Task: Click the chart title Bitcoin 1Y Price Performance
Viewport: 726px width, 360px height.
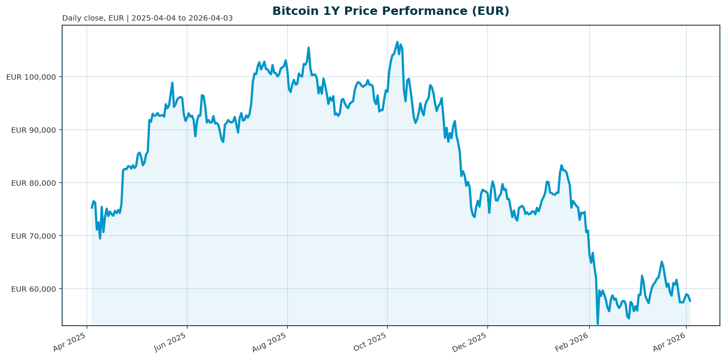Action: coord(391,11)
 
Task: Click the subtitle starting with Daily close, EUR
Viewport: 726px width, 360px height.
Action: coord(147,18)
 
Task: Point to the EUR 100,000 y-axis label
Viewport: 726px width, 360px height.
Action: coord(31,77)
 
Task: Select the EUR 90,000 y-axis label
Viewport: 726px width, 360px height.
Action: coord(34,130)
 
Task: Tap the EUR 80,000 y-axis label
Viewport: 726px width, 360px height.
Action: coord(34,183)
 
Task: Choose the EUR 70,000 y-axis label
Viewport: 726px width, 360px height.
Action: coord(34,236)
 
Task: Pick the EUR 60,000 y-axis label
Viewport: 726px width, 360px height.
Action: coord(34,289)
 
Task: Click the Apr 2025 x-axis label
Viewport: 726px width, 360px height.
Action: coord(70,342)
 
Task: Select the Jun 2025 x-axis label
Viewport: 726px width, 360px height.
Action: coord(170,342)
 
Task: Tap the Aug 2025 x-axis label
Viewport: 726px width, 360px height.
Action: coord(270,342)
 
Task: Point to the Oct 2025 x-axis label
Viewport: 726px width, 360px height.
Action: coord(371,342)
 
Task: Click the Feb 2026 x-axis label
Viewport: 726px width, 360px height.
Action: coord(573,342)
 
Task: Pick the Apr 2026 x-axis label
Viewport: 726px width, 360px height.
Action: coord(670,342)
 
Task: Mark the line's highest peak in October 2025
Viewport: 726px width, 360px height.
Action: coord(397,42)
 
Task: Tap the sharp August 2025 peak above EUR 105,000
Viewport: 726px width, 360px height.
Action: coord(308,48)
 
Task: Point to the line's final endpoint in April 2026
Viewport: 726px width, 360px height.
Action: coord(690,301)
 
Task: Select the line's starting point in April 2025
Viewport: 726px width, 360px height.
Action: coord(92,208)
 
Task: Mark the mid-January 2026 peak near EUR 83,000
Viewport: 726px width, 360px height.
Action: coord(561,165)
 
